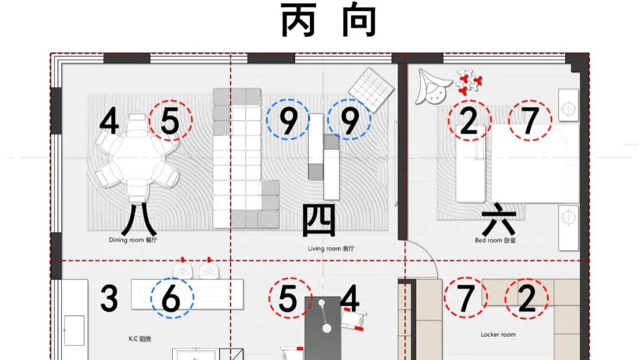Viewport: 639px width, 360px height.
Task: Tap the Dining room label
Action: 133,240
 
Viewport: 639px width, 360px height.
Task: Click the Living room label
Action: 331,248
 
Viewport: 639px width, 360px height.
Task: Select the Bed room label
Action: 495,240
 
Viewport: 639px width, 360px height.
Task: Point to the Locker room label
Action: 498,335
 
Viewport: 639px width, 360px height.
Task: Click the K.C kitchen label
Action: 140,339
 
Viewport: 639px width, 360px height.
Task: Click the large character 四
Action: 319,220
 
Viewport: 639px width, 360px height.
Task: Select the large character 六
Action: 499,222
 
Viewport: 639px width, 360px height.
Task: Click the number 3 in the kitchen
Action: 109,299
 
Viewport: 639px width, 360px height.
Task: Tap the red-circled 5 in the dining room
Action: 170,120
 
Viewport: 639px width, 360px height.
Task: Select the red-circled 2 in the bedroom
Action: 469,121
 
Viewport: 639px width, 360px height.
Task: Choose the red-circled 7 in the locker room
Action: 466,298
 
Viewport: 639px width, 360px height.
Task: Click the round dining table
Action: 137,157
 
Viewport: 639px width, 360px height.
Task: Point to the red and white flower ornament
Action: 469,82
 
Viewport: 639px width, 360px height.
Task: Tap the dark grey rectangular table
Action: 323,328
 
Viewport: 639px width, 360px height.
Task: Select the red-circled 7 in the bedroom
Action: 530,121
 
